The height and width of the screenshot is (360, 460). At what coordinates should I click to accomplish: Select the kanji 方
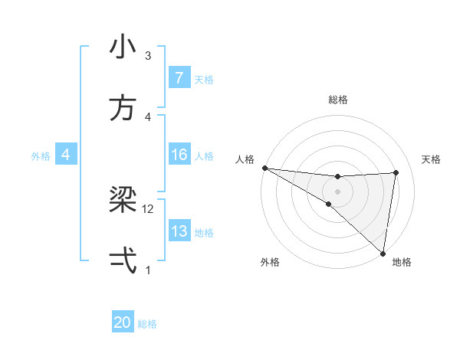(123, 108)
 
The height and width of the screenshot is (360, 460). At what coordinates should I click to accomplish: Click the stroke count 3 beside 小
(148, 55)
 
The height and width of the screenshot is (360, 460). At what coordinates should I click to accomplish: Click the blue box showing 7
(179, 77)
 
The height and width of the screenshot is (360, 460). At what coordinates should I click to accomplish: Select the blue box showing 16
(179, 155)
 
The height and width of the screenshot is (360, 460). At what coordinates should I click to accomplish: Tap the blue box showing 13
(179, 231)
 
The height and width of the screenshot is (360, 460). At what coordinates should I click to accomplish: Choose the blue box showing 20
(123, 322)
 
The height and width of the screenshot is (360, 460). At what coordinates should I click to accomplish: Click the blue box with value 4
(66, 155)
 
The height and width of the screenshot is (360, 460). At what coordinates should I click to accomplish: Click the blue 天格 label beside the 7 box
(204, 79)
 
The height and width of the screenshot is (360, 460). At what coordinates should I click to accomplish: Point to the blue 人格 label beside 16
(204, 155)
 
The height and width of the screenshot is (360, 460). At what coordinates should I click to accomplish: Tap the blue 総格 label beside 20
(147, 324)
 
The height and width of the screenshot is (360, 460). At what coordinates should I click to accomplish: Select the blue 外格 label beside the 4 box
(41, 155)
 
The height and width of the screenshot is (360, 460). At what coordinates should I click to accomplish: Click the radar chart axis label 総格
(337, 100)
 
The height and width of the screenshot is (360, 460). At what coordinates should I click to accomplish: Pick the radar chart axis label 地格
(402, 262)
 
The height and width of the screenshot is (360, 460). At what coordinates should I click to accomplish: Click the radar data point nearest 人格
(264, 167)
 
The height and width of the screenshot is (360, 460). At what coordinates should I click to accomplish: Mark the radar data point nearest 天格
(396, 172)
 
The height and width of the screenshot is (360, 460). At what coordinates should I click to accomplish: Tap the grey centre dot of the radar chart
(337, 190)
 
